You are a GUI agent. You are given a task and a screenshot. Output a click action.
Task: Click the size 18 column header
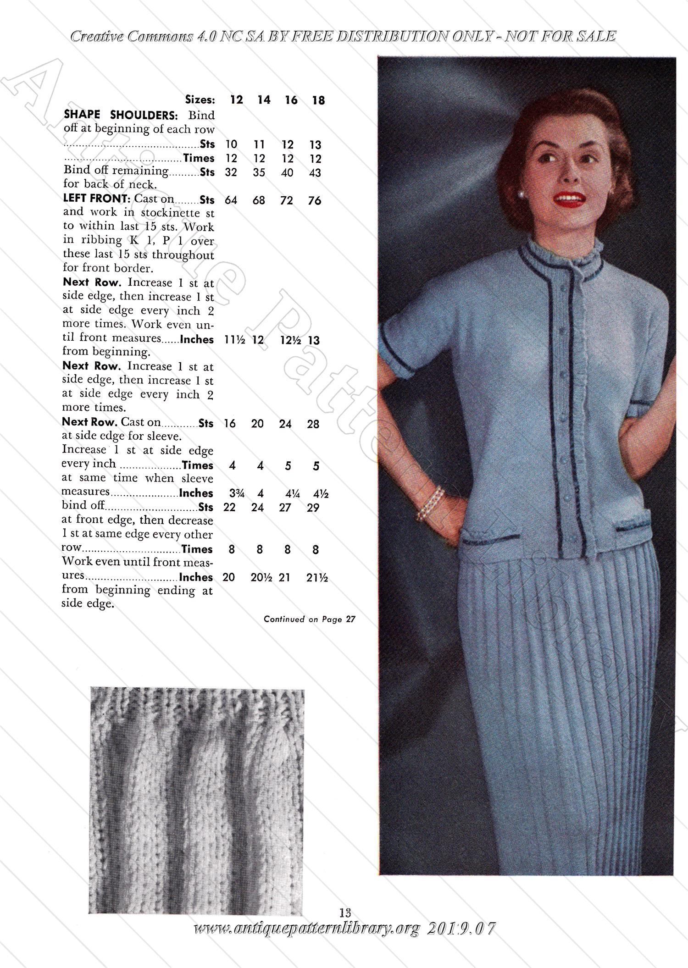(x=318, y=100)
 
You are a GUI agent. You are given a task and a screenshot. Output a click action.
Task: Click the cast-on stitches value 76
(x=315, y=200)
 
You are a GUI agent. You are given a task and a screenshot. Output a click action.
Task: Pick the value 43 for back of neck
(x=315, y=173)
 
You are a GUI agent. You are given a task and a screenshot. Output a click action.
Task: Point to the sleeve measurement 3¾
(x=237, y=493)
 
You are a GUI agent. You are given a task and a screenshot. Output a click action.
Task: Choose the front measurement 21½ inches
(x=317, y=577)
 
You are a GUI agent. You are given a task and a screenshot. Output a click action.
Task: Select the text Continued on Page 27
(x=310, y=619)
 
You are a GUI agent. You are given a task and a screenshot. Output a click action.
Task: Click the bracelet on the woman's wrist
(x=431, y=503)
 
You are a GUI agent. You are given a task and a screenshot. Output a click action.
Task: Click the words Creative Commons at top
(x=132, y=36)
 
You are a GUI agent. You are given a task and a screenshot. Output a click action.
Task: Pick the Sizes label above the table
(x=200, y=100)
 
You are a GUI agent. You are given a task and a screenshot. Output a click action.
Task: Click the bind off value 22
(x=229, y=508)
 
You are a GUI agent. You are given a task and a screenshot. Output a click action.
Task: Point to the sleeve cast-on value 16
(x=230, y=424)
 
